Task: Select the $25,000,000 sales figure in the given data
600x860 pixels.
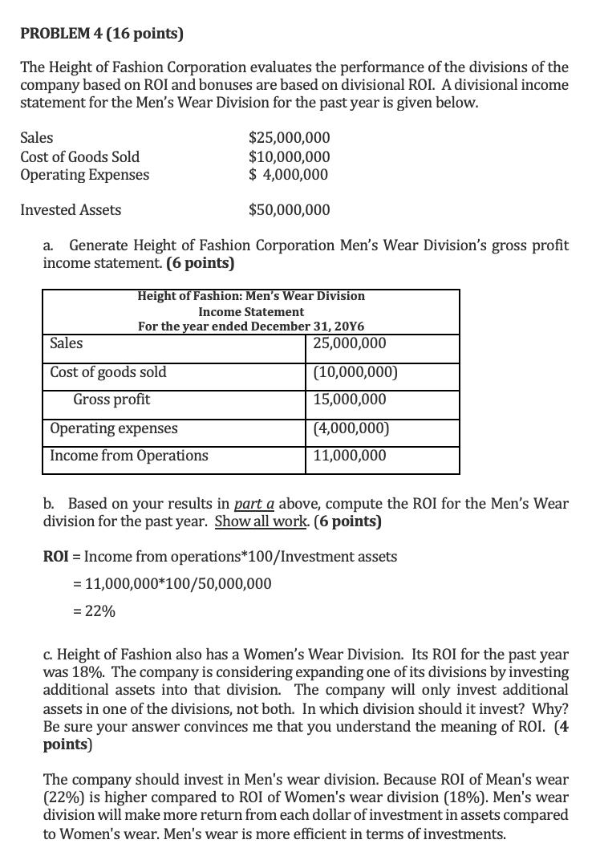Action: coord(289,138)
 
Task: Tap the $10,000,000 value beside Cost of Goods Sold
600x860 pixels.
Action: coord(289,156)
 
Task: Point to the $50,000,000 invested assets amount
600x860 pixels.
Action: coord(289,210)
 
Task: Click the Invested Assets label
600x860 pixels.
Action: coord(71,210)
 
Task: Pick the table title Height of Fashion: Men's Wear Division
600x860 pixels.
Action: coord(251,296)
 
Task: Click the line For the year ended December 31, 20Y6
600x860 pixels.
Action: coord(251,327)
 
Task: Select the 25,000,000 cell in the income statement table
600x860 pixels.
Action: coord(350,344)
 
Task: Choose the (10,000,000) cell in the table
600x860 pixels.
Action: coord(353,372)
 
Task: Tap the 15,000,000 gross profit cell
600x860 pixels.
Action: coord(350,400)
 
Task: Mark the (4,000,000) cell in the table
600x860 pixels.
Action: coord(350,428)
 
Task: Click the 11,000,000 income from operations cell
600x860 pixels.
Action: coord(350,456)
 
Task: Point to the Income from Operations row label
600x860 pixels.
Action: coord(128,456)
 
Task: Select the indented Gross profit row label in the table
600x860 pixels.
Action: coord(111,400)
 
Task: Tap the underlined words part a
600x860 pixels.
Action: coord(254,505)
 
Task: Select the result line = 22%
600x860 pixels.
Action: coord(94,611)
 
